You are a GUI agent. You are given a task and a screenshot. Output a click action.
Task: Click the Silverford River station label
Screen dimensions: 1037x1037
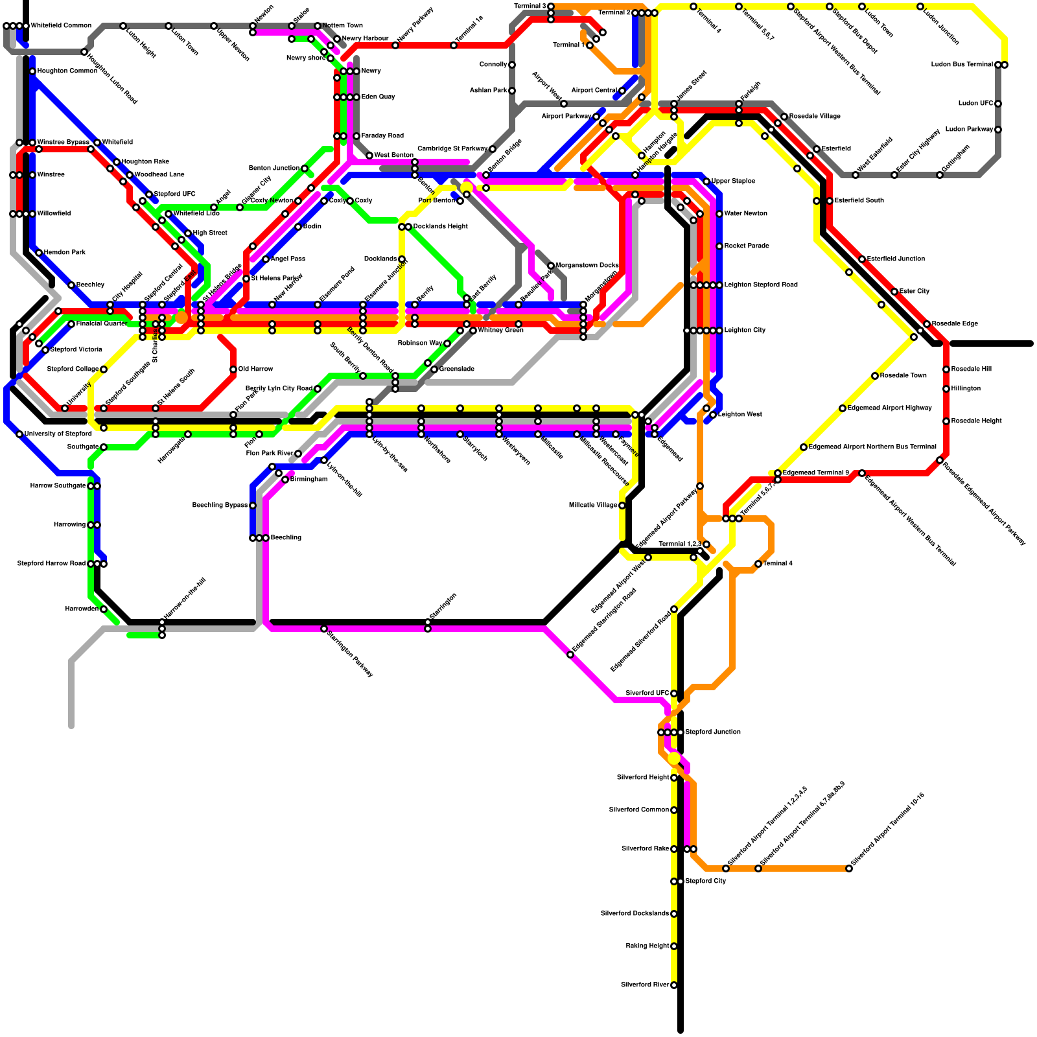click(x=645, y=985)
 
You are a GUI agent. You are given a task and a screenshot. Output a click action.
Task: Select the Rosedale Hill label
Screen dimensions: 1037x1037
click(x=972, y=369)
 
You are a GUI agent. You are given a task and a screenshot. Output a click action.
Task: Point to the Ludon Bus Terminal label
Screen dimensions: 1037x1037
click(x=962, y=65)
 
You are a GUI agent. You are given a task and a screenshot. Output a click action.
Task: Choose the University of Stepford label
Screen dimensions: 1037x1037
click(x=58, y=434)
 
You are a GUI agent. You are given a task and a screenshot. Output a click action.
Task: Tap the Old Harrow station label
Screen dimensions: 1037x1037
click(x=256, y=369)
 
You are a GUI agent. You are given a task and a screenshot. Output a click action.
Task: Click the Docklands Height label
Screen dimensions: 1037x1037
click(x=441, y=227)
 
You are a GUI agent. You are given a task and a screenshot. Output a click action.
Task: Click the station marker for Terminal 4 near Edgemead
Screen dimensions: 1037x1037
click(x=758, y=564)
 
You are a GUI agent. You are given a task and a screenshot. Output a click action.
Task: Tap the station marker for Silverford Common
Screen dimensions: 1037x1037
click(x=674, y=810)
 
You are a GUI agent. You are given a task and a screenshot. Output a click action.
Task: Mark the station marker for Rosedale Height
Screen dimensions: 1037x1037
click(x=946, y=421)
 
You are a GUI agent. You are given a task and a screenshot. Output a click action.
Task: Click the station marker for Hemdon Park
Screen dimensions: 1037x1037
click(x=39, y=253)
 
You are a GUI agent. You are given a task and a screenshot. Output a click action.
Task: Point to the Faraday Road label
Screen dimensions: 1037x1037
click(x=382, y=136)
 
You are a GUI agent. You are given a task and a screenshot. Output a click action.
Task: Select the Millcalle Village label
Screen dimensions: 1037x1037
click(x=593, y=506)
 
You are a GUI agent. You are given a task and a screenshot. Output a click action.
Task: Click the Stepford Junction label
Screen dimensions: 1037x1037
click(x=713, y=732)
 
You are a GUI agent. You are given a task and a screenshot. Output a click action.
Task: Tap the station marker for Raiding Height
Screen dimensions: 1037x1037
click(x=674, y=946)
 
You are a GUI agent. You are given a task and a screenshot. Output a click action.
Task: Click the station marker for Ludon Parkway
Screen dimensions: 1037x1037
click(x=998, y=130)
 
